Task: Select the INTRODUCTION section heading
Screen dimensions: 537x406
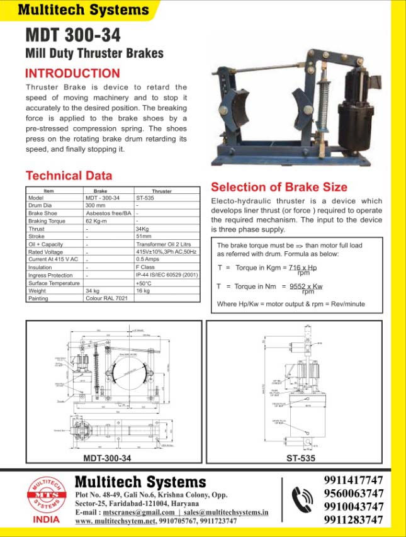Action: [72, 73]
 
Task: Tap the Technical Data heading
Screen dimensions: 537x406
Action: [69, 176]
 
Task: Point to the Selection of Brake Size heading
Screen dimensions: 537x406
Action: [279, 187]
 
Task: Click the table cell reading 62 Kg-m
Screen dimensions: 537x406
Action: [97, 221]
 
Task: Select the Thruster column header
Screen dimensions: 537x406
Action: [162, 190]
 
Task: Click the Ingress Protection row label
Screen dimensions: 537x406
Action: [50, 275]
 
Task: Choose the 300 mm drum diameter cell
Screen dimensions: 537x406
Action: [96, 205]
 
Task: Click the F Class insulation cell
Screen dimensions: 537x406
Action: [145, 268]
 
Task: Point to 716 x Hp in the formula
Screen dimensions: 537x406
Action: [303, 268]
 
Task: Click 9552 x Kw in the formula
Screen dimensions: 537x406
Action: [306, 286]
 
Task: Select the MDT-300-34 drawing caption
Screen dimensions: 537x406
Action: [107, 458]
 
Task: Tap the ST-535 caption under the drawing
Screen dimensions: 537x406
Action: [300, 458]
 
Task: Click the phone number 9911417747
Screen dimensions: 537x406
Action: [353, 480]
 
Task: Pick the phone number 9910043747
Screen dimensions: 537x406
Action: [353, 507]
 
